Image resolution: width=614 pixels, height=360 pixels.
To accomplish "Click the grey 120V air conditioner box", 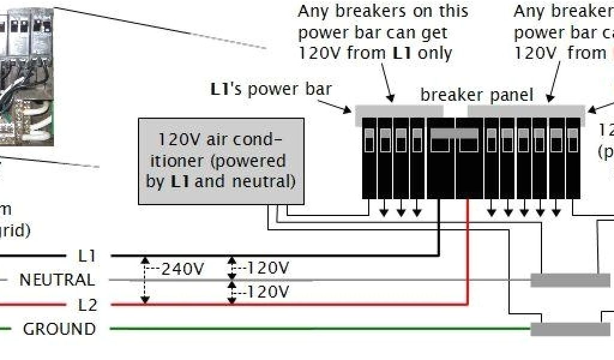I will pyautogui.click(x=221, y=162).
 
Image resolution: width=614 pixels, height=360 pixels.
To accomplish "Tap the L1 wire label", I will pyautogui.click(x=87, y=256).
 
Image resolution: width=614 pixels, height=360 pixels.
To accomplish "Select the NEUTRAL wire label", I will pyautogui.click(x=57, y=280).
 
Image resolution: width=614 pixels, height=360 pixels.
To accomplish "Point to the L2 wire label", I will pyautogui.click(x=88, y=305).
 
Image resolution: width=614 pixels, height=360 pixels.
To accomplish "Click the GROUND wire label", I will pyautogui.click(x=59, y=329).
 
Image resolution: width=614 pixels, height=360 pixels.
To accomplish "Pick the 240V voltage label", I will pyautogui.click(x=183, y=269).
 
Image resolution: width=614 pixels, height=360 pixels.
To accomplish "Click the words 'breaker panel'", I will pyautogui.click(x=477, y=95).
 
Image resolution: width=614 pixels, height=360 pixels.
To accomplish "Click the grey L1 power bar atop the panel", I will pyautogui.click(x=399, y=112).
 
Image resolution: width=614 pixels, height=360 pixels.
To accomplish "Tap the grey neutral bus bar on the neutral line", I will pyautogui.click(x=570, y=280).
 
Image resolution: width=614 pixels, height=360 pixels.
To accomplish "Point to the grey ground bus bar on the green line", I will pyautogui.click(x=570, y=329).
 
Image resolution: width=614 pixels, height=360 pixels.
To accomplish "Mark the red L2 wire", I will pyautogui.click(x=300, y=304).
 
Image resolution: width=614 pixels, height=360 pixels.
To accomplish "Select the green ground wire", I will pyautogui.click(x=300, y=329).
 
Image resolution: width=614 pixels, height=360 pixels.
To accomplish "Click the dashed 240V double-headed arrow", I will pyautogui.click(x=145, y=280).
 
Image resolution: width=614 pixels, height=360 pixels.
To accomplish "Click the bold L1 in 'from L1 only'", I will pyautogui.click(x=402, y=53).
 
